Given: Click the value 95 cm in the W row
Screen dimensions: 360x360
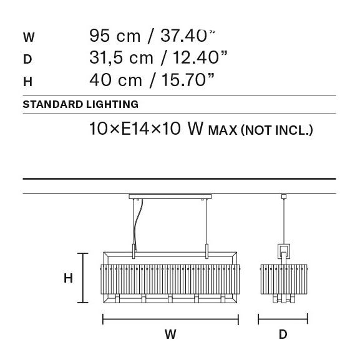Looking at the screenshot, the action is pyautogui.click(x=115, y=36).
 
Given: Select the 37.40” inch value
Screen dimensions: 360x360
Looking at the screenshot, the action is pyautogui.click(x=188, y=36).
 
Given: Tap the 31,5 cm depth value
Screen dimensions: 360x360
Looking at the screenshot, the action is pyautogui.click(x=121, y=57).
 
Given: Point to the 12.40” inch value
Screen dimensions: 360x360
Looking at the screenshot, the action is pyautogui.click(x=200, y=57).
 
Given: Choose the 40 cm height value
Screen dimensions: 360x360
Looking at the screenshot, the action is pyautogui.click(x=115, y=80).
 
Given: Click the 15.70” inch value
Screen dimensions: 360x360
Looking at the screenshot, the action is pyautogui.click(x=188, y=80).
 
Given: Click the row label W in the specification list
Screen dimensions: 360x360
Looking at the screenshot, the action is pyautogui.click(x=29, y=37).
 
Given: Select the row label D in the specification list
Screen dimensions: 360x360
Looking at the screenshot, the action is pyautogui.click(x=27, y=59).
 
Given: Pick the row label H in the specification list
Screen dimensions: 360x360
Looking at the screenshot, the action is pyautogui.click(x=27, y=82).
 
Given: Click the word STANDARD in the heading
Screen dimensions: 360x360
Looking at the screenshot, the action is pyautogui.click(x=53, y=104).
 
